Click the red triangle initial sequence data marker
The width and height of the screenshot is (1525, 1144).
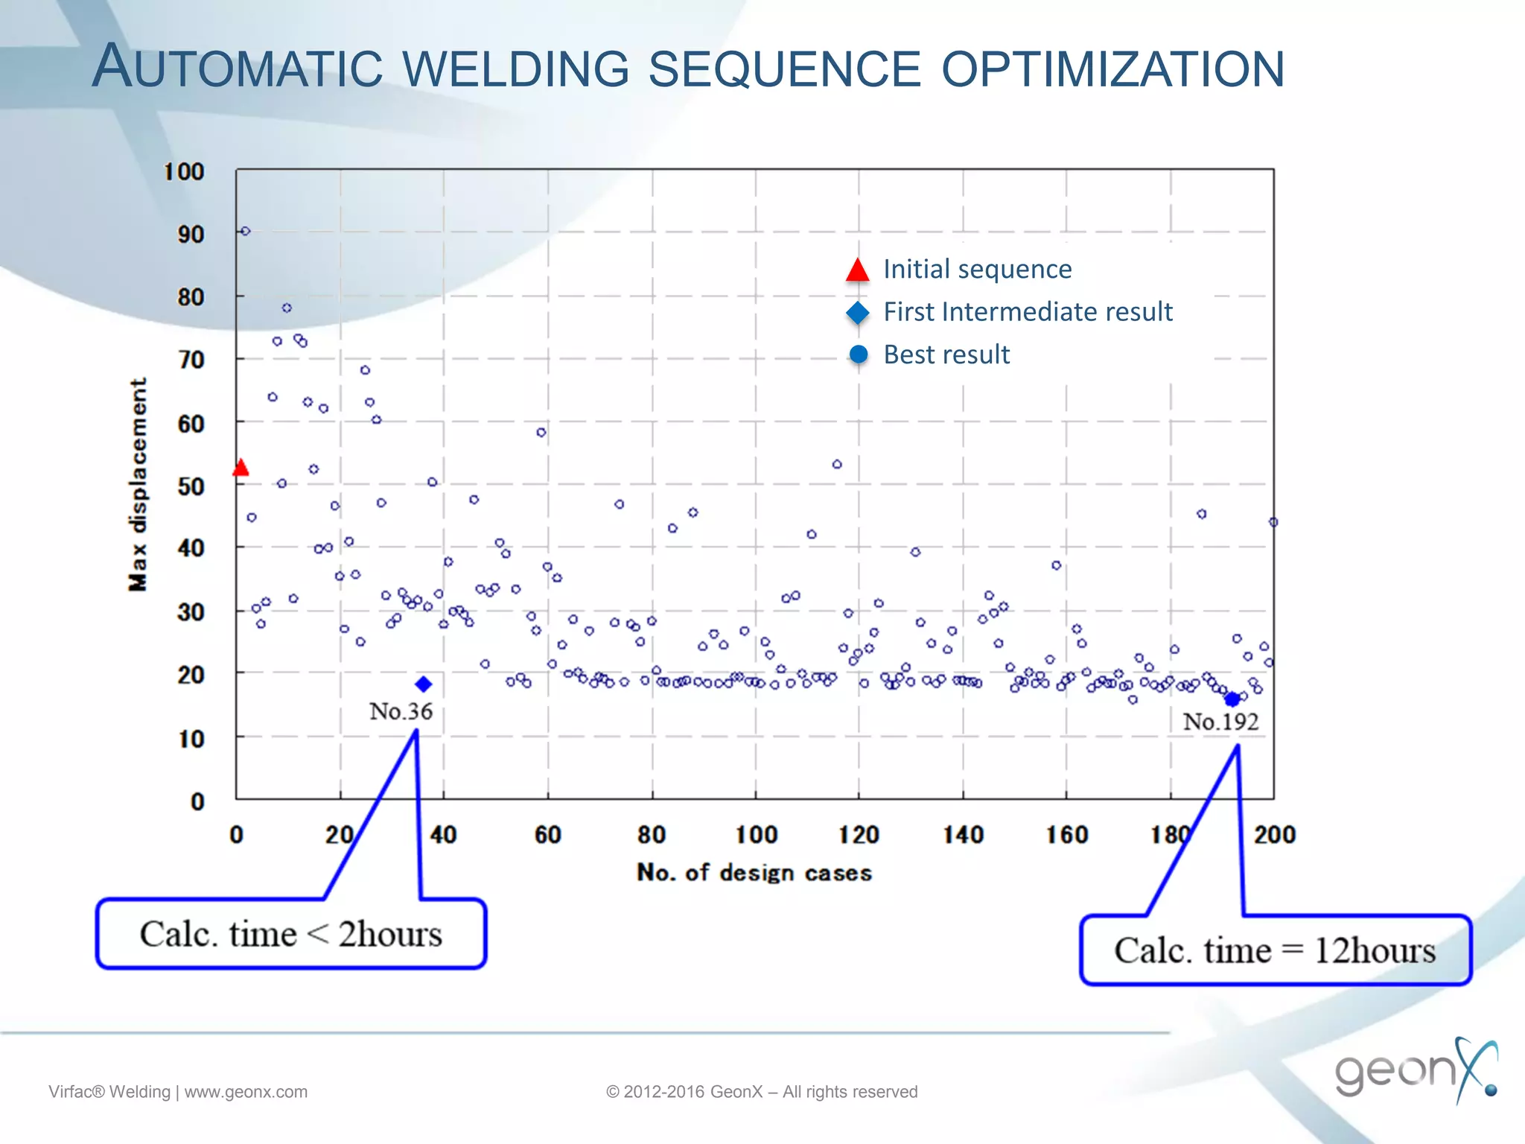click(241, 468)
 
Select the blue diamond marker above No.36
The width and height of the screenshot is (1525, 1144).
click(424, 684)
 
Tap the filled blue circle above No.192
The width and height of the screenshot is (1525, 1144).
click(1232, 699)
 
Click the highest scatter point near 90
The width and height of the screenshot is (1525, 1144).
click(246, 231)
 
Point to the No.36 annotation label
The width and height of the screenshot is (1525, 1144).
click(401, 711)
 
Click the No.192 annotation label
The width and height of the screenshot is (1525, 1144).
click(1220, 722)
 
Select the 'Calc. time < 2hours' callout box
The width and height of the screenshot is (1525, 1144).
click(291, 934)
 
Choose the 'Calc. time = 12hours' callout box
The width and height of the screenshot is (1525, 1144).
click(1275, 950)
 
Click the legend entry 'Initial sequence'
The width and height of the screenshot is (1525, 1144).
click(977, 269)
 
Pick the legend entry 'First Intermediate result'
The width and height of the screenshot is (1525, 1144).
click(1028, 311)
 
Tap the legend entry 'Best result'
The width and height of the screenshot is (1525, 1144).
click(946, 355)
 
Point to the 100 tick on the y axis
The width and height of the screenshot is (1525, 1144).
click(184, 172)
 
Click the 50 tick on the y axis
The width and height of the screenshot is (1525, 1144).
click(191, 486)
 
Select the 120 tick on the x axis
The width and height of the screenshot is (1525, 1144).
click(859, 835)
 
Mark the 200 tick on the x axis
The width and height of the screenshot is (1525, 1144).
click(1274, 835)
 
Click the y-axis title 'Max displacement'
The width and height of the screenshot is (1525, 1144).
click(139, 484)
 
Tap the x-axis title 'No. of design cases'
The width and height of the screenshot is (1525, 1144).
click(754, 872)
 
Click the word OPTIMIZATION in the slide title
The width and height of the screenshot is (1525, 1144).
click(1112, 69)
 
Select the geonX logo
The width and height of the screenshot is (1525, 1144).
click(1415, 1069)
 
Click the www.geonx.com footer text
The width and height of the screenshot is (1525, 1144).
click(246, 1092)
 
